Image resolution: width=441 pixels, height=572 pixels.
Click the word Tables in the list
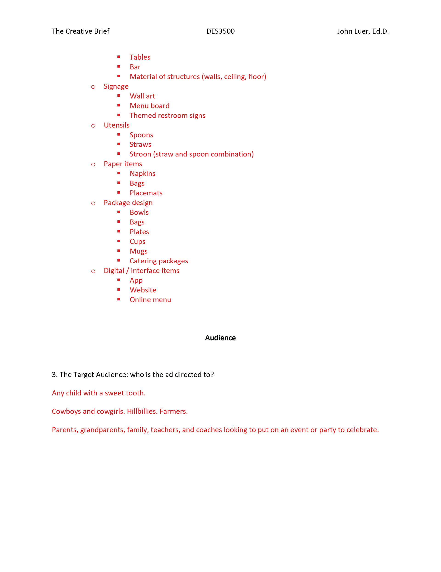click(x=140, y=57)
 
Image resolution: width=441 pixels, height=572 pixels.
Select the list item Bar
click(x=135, y=67)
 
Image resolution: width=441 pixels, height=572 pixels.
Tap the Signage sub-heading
click(x=116, y=86)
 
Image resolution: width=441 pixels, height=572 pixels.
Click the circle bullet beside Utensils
click(x=93, y=126)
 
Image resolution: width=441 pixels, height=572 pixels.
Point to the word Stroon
click(x=140, y=154)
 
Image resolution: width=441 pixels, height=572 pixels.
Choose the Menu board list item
click(x=150, y=106)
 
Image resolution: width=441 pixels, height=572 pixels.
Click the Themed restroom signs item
click(x=167, y=116)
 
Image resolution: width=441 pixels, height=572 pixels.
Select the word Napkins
click(x=142, y=174)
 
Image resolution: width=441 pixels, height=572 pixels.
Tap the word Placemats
click(x=146, y=193)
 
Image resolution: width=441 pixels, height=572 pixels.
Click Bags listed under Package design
click(x=137, y=222)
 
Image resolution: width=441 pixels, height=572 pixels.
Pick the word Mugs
click(x=139, y=251)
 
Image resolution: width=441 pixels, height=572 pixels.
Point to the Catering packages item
click(x=159, y=261)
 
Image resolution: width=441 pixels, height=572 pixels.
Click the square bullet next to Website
click(x=119, y=289)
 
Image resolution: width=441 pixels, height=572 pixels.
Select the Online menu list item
click(x=150, y=300)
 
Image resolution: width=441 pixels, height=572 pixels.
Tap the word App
click(x=136, y=281)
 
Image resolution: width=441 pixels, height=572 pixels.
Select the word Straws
click(x=140, y=145)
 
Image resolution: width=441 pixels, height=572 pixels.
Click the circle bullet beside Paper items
click(x=93, y=165)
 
